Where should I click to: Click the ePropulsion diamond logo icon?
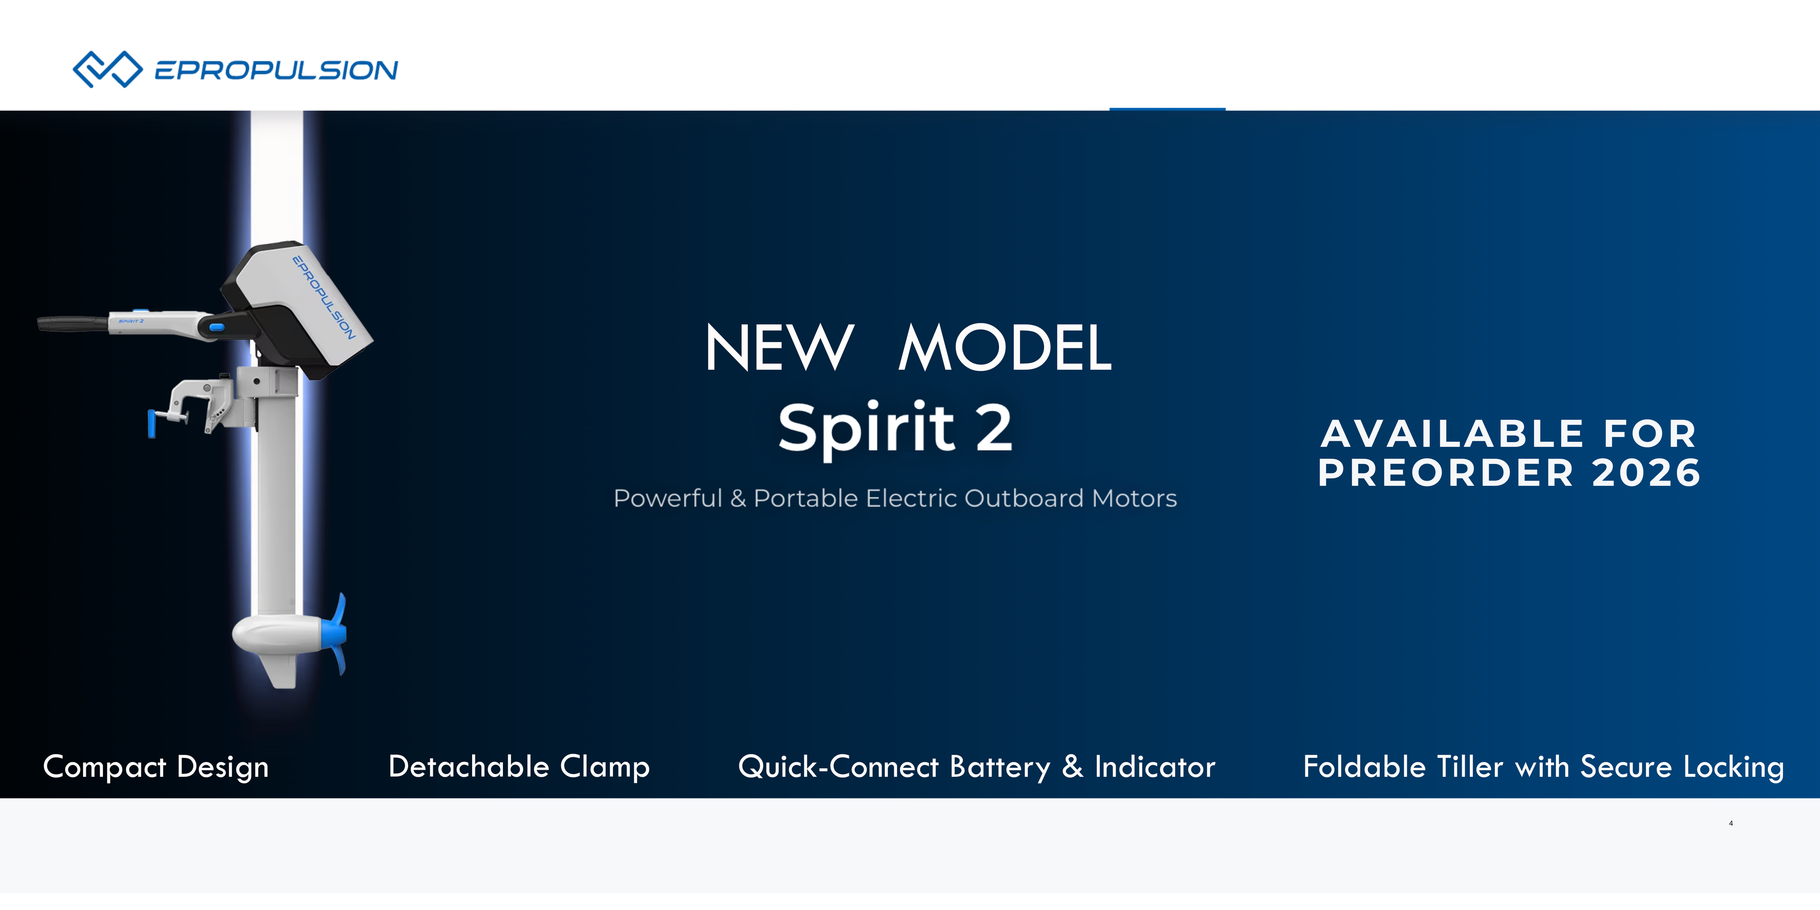pyautogui.click(x=108, y=69)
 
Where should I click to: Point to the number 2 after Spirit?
pyautogui.click(x=994, y=428)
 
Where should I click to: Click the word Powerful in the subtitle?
pyautogui.click(x=668, y=498)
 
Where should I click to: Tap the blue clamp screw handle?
pyautogui.click(x=151, y=423)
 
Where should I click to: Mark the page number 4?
pyautogui.click(x=1731, y=823)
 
